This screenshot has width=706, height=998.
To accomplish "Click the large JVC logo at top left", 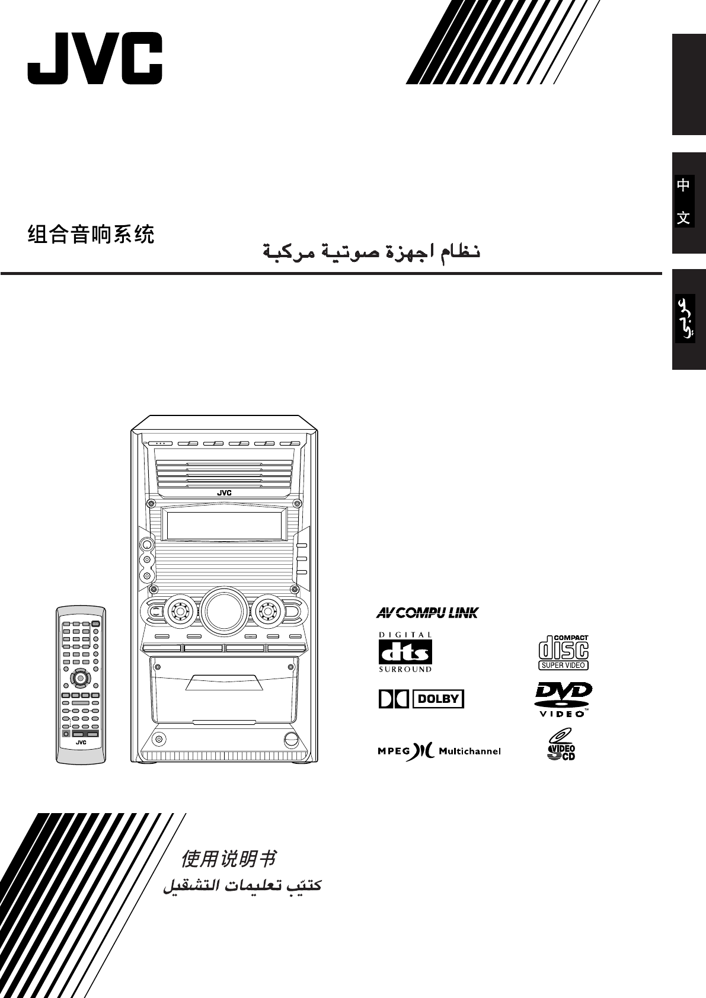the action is pyautogui.click(x=95, y=58).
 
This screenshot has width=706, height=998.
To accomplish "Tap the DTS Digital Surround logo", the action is pyautogui.click(x=405, y=652).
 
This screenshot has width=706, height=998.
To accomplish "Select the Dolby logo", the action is pyautogui.click(x=421, y=699).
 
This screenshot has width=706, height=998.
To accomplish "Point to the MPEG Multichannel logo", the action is pyautogui.click(x=439, y=751).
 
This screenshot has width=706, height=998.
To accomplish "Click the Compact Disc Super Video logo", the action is pyautogui.click(x=563, y=652).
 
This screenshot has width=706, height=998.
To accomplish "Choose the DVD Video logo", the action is pyautogui.click(x=563, y=699).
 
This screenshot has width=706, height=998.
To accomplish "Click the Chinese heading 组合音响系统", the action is pyautogui.click(x=91, y=235).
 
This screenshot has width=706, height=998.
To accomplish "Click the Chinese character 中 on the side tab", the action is pyautogui.click(x=683, y=185).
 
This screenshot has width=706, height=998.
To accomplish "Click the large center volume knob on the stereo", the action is pyautogui.click(x=223, y=610).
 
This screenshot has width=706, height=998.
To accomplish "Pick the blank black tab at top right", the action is pyautogui.click(x=688, y=84).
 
